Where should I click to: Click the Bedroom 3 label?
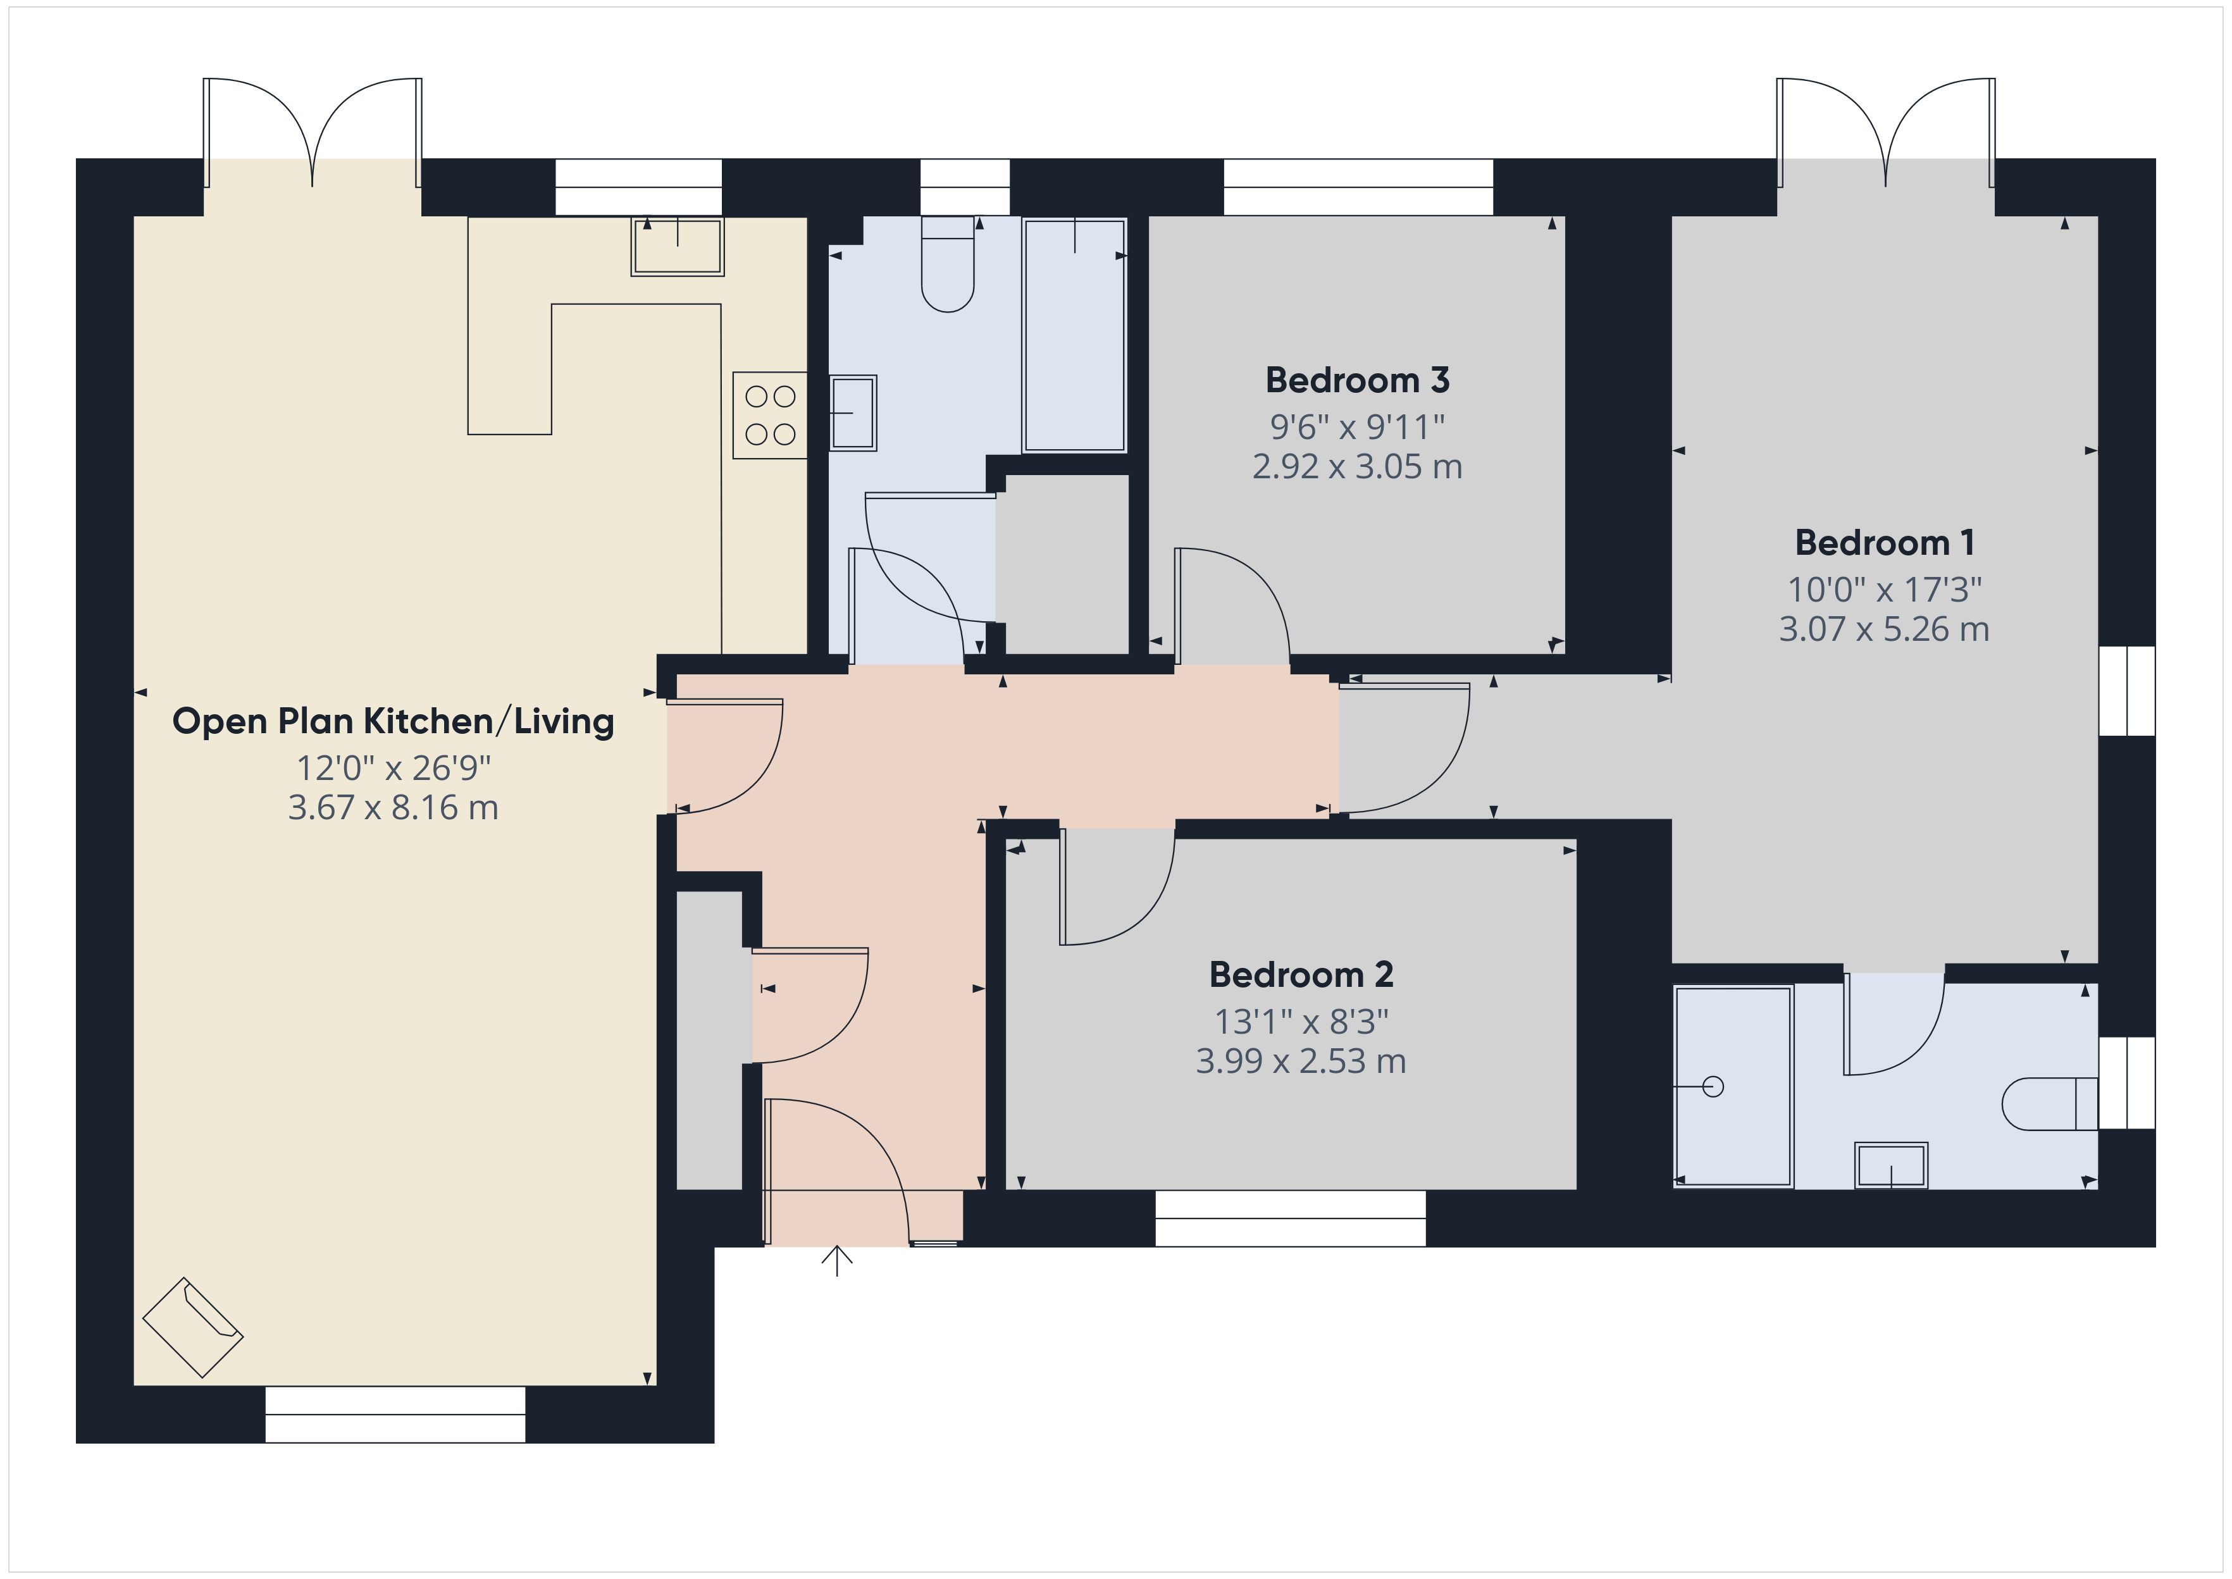click(1357, 380)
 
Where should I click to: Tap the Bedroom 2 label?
click(1301, 974)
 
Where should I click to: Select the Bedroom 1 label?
click(1884, 543)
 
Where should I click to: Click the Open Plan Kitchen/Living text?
click(393, 721)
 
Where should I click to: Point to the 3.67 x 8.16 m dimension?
click(393, 808)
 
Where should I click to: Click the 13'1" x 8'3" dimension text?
click(1301, 1022)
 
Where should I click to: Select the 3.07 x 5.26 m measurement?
click(1884, 629)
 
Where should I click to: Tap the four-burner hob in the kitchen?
click(770, 415)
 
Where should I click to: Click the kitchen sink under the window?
click(678, 246)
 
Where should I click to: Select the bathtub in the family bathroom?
click(1074, 335)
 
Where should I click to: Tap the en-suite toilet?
click(2047, 1103)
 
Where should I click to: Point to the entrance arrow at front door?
click(837, 1260)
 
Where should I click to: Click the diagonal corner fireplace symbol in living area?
click(192, 1327)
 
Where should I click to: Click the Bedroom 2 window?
click(1290, 1218)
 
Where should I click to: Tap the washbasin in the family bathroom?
click(853, 413)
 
